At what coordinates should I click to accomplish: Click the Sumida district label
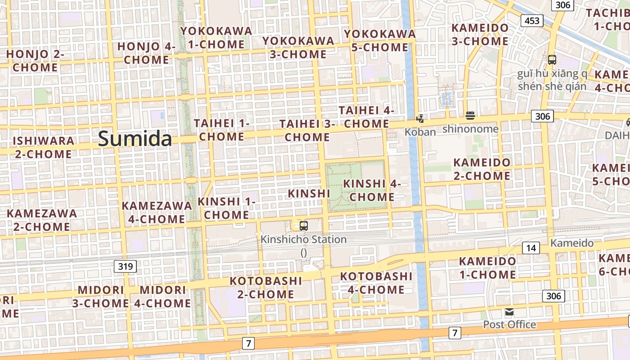(135, 139)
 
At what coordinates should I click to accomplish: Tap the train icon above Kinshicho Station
(304, 225)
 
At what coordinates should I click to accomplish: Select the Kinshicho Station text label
(304, 239)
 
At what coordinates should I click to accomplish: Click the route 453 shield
(531, 21)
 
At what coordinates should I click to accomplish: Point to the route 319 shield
(125, 266)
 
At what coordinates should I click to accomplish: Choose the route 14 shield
(531, 248)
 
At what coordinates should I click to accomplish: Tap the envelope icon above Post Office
(509, 312)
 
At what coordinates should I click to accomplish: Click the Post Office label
(509, 324)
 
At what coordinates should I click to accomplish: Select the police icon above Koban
(420, 119)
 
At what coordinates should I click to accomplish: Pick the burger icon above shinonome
(470, 116)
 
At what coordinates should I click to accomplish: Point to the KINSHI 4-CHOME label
(372, 190)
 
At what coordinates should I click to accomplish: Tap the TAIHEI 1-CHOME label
(221, 130)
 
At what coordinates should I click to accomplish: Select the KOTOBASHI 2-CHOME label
(265, 288)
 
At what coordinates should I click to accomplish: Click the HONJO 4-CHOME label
(147, 53)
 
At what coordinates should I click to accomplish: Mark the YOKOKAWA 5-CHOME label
(380, 40)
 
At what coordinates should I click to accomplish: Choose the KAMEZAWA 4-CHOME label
(157, 212)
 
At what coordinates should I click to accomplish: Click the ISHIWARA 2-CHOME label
(43, 147)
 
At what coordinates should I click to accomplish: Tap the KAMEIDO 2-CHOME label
(482, 169)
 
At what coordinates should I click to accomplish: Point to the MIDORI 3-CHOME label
(101, 297)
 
